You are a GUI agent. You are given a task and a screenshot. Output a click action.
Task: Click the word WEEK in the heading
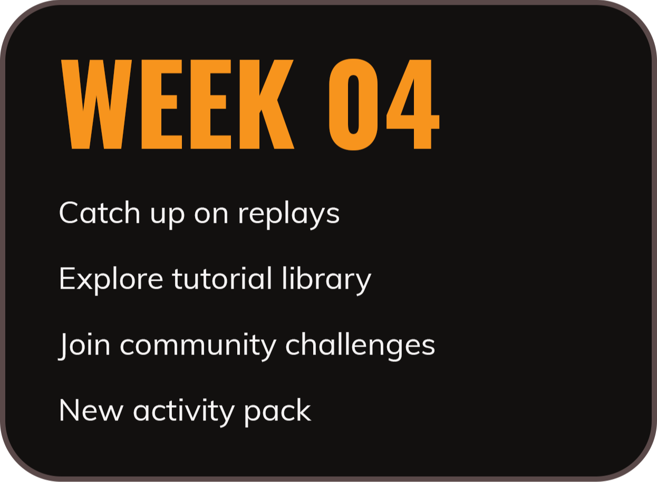178,104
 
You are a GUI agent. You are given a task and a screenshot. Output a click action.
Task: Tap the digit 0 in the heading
353,104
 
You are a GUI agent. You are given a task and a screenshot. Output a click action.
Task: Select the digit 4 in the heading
413,104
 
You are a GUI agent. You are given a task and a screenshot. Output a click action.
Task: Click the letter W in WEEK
96,104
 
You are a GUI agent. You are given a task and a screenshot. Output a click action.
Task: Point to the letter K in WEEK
267,104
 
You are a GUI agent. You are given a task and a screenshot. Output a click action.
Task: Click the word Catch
100,212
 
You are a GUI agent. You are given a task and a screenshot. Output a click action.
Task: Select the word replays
289,215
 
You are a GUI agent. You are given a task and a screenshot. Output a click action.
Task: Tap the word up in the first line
168,217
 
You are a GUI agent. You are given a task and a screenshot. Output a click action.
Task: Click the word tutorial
222,278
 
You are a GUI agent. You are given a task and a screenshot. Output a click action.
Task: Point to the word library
327,281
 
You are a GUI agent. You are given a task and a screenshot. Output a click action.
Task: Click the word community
198,347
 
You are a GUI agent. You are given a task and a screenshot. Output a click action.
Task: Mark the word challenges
360,346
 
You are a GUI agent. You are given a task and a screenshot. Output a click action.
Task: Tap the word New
91,410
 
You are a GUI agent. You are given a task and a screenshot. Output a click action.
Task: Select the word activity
183,412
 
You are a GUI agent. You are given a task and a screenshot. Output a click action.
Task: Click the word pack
277,412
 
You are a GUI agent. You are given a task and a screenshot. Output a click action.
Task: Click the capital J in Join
63,346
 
